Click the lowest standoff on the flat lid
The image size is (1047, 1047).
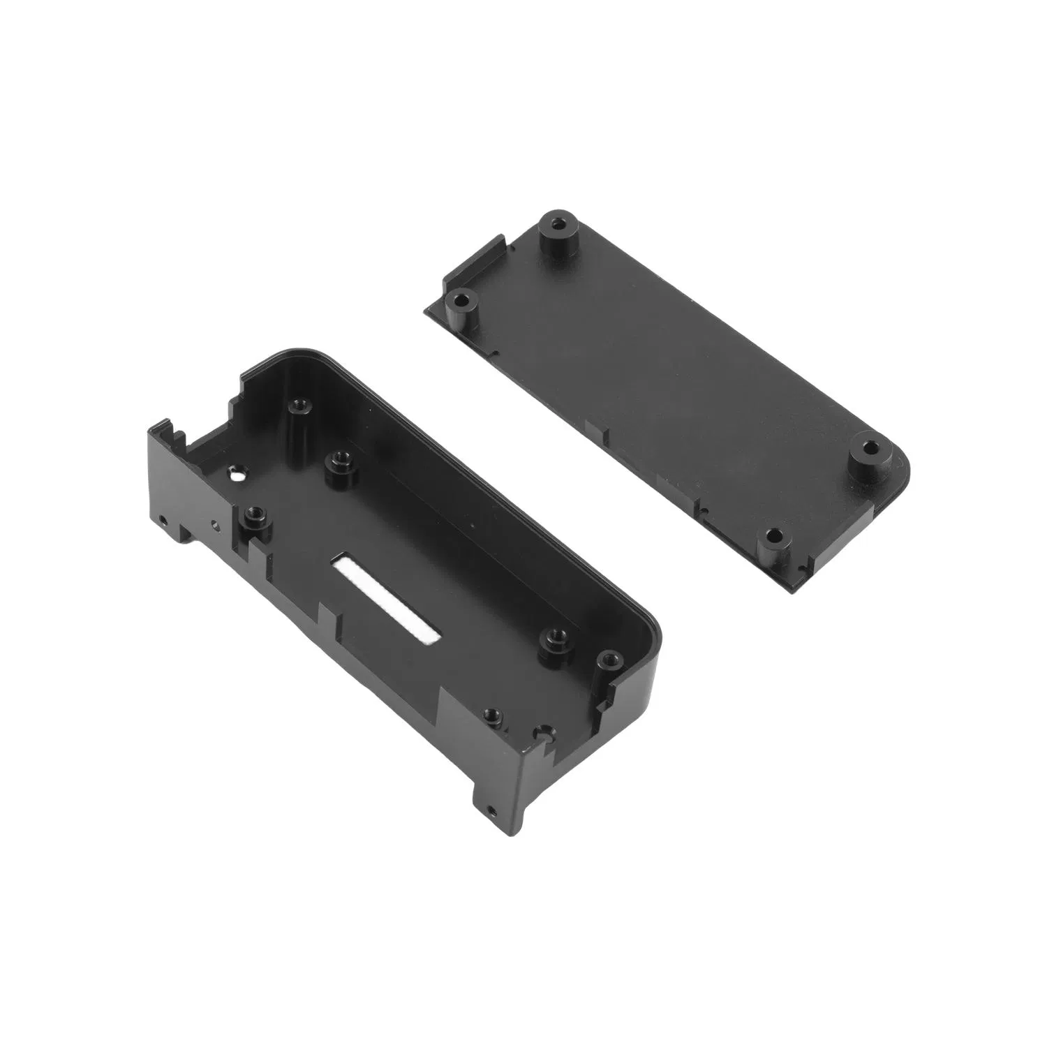[773, 536]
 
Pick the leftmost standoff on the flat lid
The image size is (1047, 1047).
[461, 302]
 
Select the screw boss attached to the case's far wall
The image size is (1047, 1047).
[301, 405]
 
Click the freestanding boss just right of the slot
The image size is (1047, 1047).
[556, 637]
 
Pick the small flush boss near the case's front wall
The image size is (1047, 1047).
[493, 715]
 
